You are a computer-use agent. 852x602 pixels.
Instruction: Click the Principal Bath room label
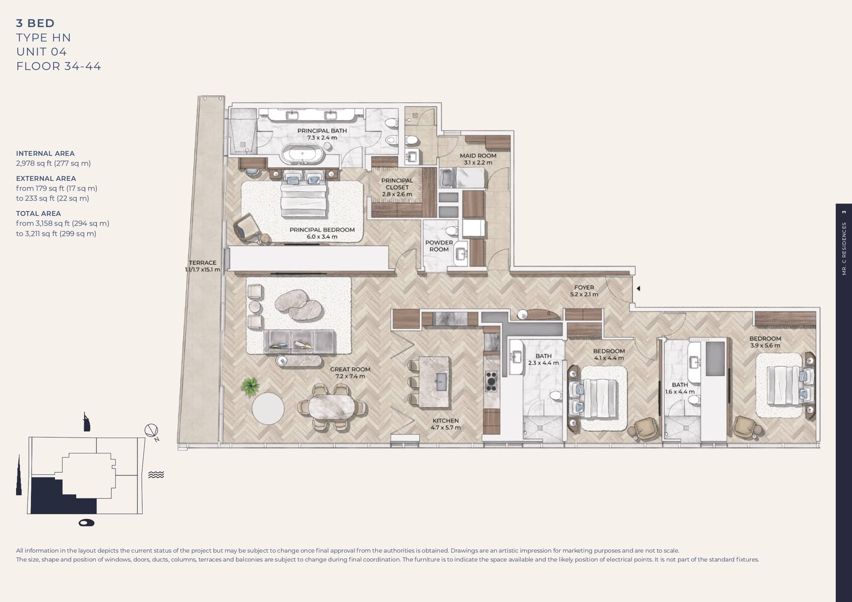tap(322, 131)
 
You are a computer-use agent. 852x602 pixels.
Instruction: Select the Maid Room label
tap(478, 156)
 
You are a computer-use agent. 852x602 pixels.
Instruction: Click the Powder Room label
tap(439, 246)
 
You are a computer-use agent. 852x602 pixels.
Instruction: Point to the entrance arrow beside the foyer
tap(638, 288)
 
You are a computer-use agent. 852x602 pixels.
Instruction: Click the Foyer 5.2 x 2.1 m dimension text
tap(584, 294)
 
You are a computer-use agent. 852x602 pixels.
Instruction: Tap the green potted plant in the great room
tap(249, 386)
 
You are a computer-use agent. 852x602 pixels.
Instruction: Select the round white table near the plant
tap(268, 408)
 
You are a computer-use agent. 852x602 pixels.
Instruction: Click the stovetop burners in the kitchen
tap(491, 382)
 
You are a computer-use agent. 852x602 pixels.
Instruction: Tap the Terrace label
tap(202, 263)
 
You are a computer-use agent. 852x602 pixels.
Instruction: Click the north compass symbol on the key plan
tap(152, 431)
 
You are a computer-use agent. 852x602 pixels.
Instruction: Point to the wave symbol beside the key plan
tap(156, 475)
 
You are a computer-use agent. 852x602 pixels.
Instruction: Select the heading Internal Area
tap(45, 153)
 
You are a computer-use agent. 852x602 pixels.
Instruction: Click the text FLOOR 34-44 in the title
tap(59, 67)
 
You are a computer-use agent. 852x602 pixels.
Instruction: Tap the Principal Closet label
tap(397, 184)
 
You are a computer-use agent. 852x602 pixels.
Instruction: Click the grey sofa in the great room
tap(300, 341)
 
